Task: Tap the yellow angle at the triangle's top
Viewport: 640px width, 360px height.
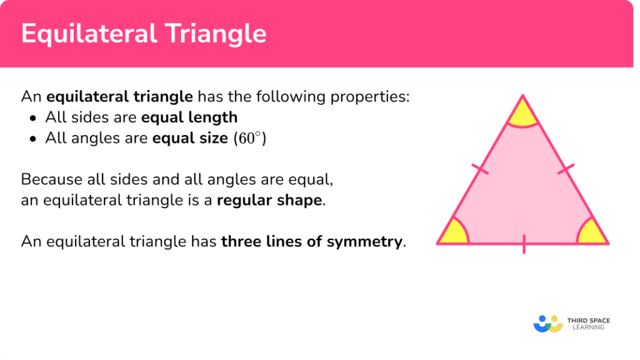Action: [522, 114]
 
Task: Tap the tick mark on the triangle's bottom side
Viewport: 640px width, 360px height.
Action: [523, 244]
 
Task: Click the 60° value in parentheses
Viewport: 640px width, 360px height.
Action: [249, 138]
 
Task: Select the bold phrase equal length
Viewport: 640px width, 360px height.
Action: [189, 117]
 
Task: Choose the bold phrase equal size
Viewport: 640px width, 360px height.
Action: [190, 138]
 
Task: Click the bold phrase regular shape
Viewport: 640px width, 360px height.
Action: [270, 201]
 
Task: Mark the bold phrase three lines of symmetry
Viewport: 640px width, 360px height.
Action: [312, 241]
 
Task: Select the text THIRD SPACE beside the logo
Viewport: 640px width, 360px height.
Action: [588, 321]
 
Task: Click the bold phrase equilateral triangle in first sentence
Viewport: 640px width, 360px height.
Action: [119, 97]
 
